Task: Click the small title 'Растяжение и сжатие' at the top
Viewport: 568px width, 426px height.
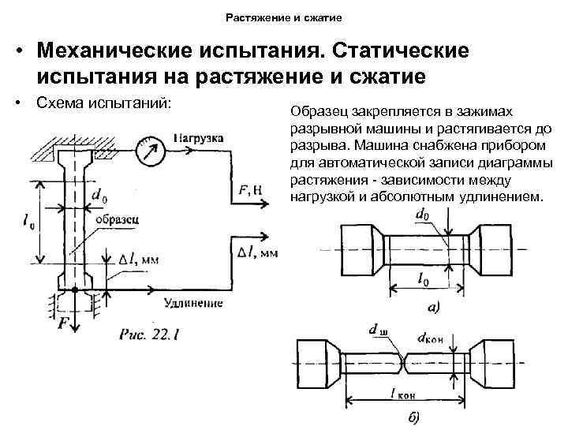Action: tap(284, 16)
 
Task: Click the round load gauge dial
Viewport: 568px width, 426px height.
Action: tap(148, 153)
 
